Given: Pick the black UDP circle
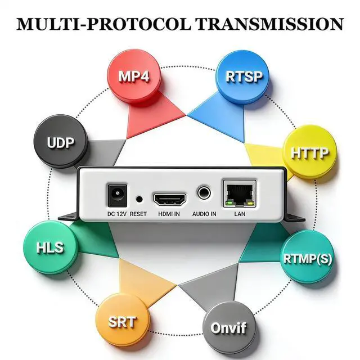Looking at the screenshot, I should [61, 142].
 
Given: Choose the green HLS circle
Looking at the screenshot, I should [50, 247].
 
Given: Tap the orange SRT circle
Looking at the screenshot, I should [122, 322].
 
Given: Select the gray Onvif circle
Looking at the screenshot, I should [228, 327].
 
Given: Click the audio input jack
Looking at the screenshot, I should [204, 194].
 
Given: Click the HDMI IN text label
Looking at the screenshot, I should [169, 214].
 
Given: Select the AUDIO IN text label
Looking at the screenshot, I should [204, 214].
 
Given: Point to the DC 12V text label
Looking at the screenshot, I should [116, 214].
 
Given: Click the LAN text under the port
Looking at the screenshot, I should [239, 214].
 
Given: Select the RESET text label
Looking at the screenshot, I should [138, 214].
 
